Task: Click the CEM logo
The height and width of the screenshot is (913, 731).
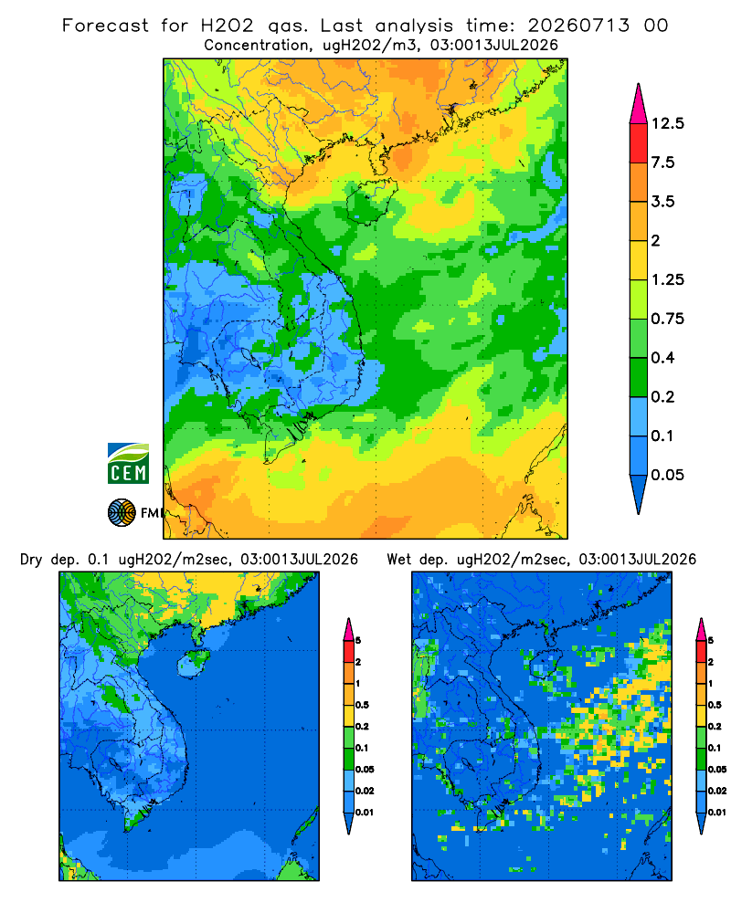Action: (x=128, y=463)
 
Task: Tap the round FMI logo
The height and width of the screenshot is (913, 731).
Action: (x=122, y=512)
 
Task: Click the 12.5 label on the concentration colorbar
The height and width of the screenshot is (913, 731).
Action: (x=667, y=123)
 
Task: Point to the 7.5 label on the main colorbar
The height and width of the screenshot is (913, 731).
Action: (x=662, y=163)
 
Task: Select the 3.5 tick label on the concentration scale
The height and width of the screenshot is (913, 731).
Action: (x=662, y=202)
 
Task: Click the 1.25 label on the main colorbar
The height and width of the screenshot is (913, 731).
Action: (x=667, y=279)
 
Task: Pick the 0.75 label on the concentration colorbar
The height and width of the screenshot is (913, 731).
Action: (x=667, y=319)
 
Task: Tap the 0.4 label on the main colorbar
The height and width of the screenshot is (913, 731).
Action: (x=662, y=358)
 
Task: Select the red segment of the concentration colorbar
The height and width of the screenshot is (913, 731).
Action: (x=639, y=143)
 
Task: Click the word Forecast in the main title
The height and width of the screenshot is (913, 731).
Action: (x=105, y=26)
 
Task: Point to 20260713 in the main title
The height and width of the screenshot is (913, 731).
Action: (x=578, y=26)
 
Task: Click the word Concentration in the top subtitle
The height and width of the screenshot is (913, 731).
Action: (x=256, y=45)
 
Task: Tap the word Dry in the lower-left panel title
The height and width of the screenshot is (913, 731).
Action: (x=31, y=560)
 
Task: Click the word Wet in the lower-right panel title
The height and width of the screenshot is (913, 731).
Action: (x=399, y=560)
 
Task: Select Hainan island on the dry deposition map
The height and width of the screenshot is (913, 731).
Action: (x=193, y=664)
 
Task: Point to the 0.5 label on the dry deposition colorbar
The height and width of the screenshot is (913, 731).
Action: (x=362, y=705)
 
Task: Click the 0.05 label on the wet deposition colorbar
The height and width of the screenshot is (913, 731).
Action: (x=717, y=769)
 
